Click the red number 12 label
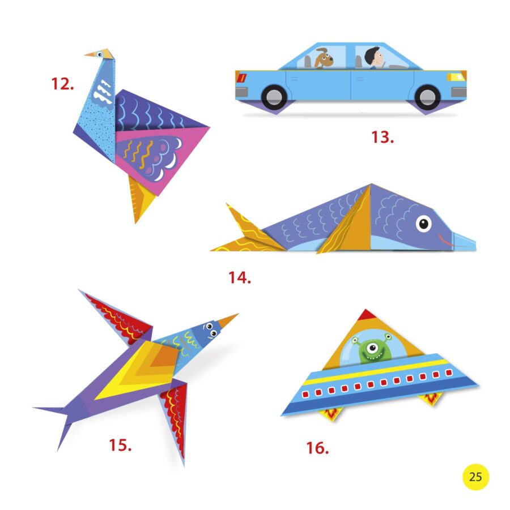coord(62,84)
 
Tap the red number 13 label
coord(382,137)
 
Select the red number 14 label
coord(240,278)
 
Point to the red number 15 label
coord(120,445)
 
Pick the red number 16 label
coord(317,448)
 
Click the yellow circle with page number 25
coord(475,477)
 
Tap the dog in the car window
coord(323,59)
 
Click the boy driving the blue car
coord(375,58)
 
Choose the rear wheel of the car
coord(275,97)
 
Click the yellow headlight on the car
coord(455,77)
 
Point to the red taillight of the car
coord(241,77)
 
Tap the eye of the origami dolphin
coord(423,224)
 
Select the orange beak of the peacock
coord(92,54)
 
